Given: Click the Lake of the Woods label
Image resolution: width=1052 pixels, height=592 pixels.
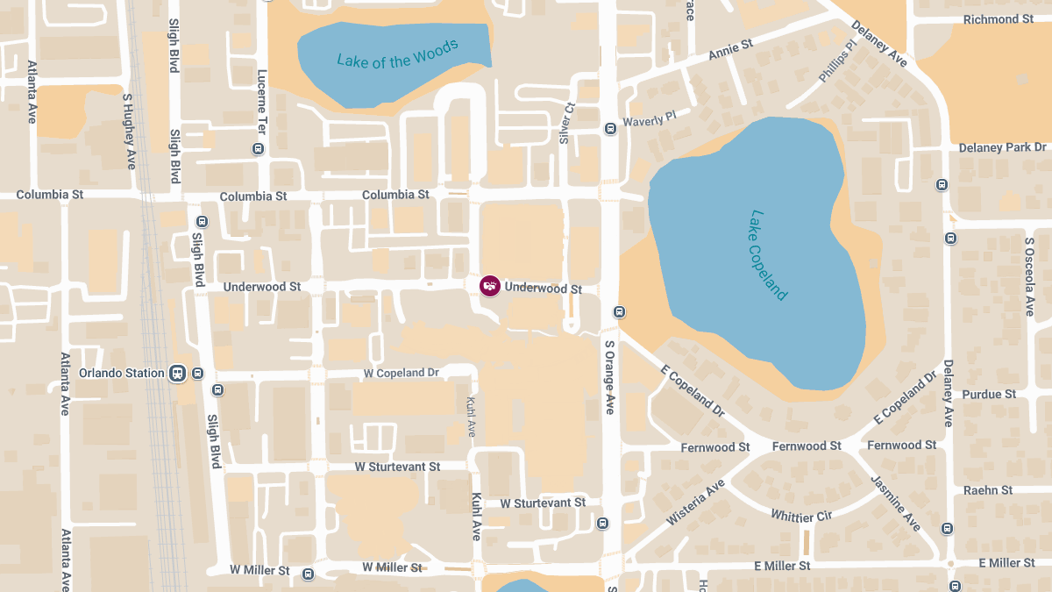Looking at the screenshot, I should coord(397,54).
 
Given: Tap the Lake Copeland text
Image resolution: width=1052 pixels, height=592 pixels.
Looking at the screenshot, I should coord(769,254).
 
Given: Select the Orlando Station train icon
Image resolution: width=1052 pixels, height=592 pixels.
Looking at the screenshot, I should coord(178,373).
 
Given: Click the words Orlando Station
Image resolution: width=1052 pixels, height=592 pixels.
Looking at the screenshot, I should coord(121,373).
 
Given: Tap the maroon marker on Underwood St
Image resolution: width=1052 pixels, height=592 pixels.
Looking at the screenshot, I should coord(490,286).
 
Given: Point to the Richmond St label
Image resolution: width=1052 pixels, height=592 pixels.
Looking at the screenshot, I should coord(998,19).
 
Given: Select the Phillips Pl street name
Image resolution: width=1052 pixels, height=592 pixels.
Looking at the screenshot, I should coord(837,61).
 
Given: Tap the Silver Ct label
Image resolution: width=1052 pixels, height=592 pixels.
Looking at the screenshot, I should coord(566,123).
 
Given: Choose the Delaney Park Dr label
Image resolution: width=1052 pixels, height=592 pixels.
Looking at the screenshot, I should coord(1002,147).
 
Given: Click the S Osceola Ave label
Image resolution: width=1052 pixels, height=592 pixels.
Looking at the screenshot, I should coord(1029,275).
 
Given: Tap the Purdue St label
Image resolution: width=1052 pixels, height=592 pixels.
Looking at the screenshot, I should coord(989,395).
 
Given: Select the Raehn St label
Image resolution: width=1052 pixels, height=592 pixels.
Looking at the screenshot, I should coord(988,490).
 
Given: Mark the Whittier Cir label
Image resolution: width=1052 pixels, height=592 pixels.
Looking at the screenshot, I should coord(800,516).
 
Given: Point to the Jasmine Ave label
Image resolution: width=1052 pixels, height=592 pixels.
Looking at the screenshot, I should coord(895,503).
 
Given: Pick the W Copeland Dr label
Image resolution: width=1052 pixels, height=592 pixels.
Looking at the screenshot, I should coord(402,373).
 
